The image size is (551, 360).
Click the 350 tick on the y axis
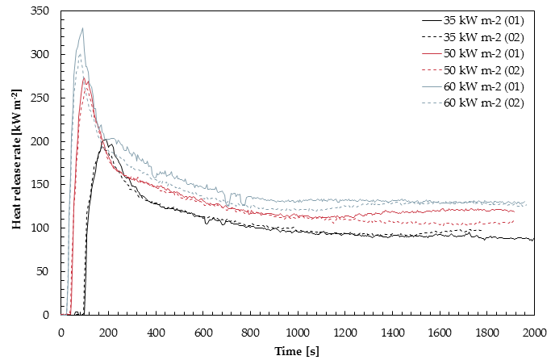click(x=46, y=11)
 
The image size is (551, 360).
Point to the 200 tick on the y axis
click(x=46, y=141)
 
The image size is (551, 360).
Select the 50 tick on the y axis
click(x=48, y=271)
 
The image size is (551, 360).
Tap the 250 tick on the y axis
click(x=46, y=98)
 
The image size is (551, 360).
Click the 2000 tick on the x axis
click(x=534, y=331)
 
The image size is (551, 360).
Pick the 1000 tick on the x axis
click(x=298, y=331)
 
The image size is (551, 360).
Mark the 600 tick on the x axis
click(x=203, y=331)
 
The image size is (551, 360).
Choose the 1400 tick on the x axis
click(x=392, y=331)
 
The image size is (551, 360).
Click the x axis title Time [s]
click(x=298, y=351)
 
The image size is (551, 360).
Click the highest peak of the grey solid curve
click(x=82, y=28)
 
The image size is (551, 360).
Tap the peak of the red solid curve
click(x=84, y=77)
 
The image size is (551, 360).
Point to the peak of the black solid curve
click(x=108, y=139)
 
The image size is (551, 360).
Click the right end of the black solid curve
click(x=533, y=239)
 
